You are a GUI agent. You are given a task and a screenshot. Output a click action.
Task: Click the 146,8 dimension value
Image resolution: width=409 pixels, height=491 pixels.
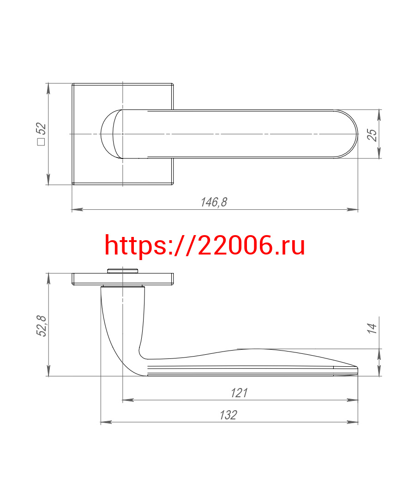pos(214,202)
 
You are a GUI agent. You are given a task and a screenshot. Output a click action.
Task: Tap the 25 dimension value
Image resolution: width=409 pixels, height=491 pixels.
pos(372,135)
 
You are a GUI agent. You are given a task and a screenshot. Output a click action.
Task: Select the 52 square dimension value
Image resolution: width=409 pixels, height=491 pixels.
pos(41,129)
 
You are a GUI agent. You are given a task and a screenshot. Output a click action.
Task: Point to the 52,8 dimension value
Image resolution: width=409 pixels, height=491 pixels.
pos(41,326)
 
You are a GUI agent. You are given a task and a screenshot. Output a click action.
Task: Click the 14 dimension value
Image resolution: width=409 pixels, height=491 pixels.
pos(372,328)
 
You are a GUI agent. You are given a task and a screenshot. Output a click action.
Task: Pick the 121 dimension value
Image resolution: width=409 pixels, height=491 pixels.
pos(239,393)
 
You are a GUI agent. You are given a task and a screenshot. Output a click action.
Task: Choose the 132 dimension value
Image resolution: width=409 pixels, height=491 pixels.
pos(229,415)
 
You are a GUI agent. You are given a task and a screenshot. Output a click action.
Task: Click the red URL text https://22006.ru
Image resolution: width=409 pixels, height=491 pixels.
pos(204,246)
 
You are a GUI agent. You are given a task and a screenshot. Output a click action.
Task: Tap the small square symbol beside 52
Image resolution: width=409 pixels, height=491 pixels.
pos(41,141)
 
